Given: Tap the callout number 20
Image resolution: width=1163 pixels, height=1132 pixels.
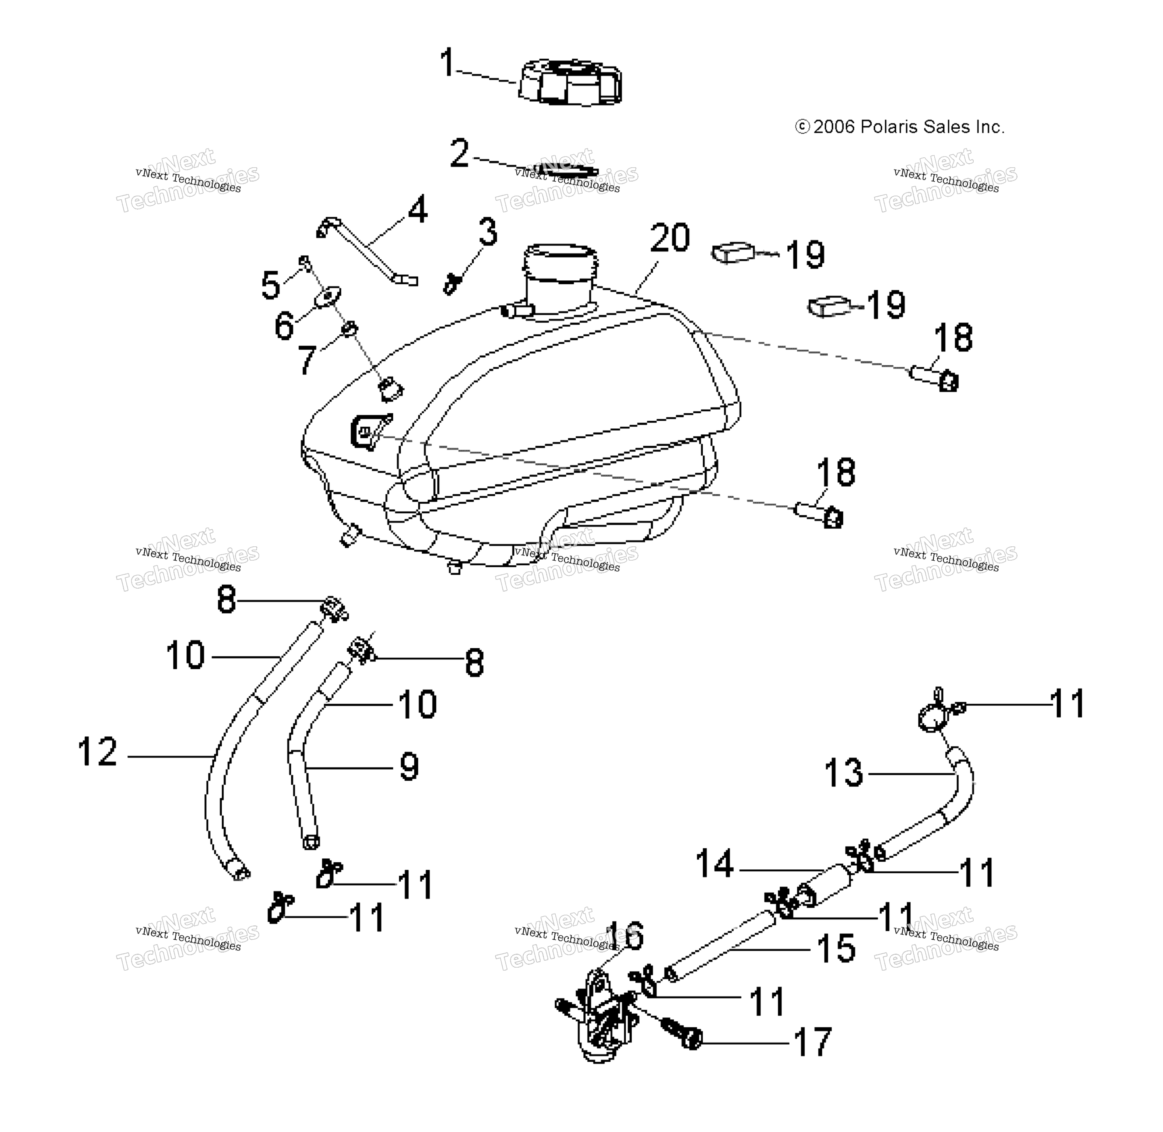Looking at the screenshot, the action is point(670,238).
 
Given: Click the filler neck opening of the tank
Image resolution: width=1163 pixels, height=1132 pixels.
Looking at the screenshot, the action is point(560,252).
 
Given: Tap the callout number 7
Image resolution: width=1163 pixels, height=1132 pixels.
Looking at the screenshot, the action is point(307,359).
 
